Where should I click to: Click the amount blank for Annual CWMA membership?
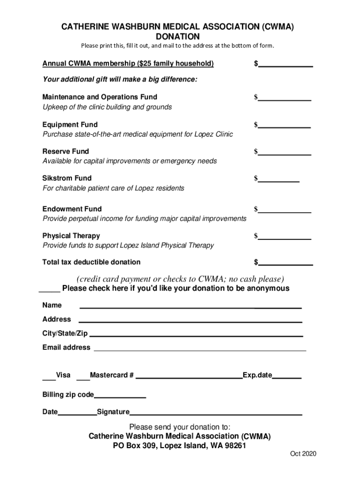pos(285,64)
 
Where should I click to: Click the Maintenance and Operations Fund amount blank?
pos(284,98)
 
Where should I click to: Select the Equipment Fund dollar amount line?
pos(284,125)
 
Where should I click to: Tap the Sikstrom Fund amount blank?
pos(279,179)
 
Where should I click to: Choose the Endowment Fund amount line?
pos(284,210)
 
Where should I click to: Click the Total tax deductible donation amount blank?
pos(285,262)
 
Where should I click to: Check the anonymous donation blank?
pos(49,289)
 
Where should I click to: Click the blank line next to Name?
pos(191,306)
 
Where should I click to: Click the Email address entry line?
pos(200,348)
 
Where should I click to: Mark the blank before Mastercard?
pos(83,376)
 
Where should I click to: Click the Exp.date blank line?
pos(287,376)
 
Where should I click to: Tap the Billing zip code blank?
pos(120,396)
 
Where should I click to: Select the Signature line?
pos(216,413)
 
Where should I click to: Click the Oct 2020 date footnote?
pos(303,454)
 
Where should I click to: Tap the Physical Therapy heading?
pos(71,236)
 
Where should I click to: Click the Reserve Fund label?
pos(65,152)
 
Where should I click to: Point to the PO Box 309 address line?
pos(180,446)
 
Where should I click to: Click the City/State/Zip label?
pos(65,334)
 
